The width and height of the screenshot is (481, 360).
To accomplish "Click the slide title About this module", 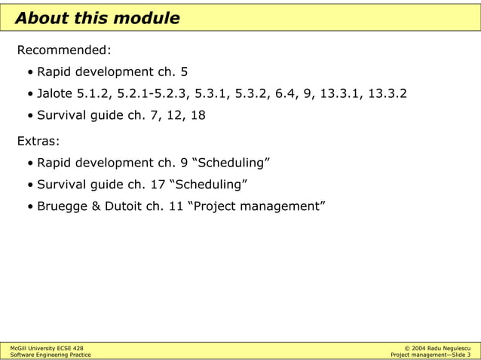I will [x=97, y=18].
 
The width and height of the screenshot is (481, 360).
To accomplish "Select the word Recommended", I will [x=64, y=50].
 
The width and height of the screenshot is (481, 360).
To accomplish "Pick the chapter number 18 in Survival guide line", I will [x=197, y=116].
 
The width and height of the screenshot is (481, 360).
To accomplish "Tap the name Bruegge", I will [x=63, y=206].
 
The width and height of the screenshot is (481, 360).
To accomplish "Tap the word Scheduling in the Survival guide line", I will [x=211, y=185].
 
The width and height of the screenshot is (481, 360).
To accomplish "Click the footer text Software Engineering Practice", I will [x=51, y=355].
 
